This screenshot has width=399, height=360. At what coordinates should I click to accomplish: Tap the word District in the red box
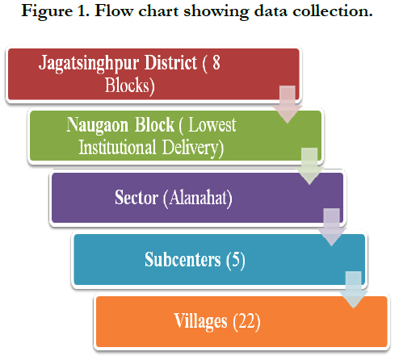[171, 63]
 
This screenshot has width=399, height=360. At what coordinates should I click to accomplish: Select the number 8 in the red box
[216, 62]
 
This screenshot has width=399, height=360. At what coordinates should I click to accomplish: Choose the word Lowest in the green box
[212, 125]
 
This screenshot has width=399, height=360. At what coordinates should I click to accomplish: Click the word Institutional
[117, 147]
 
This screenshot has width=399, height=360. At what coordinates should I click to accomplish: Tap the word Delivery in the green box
[192, 149]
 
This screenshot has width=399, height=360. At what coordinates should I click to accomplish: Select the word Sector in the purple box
[136, 198]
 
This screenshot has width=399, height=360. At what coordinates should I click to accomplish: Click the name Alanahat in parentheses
[199, 198]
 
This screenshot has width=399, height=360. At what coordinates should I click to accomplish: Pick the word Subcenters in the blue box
[183, 259]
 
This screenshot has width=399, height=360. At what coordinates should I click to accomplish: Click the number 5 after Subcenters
[236, 259]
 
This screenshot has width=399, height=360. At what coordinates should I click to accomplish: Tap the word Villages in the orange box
[200, 321]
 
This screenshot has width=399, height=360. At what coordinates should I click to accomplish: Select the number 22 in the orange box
[246, 321]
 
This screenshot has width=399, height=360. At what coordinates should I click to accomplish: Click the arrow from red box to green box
[288, 105]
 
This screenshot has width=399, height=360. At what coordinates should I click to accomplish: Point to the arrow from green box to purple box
[309, 166]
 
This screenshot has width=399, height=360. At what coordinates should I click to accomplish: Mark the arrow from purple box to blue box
[332, 227]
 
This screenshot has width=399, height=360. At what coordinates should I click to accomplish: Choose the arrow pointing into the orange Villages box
[354, 290]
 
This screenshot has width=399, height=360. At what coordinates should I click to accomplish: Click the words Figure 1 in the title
[55, 11]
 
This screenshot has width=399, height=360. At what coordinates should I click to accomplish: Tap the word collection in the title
[333, 10]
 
